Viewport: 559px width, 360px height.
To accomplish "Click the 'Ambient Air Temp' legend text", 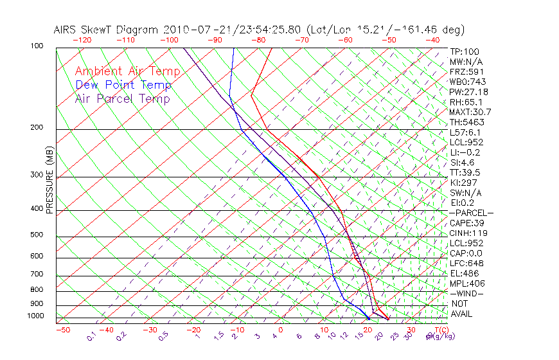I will (127, 71).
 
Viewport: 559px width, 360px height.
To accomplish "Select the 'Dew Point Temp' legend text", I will (123, 85).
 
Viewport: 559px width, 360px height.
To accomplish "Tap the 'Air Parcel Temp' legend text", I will (122, 98).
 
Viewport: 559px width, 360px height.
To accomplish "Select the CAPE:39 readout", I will (467, 222).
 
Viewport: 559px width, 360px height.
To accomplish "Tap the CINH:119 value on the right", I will (468, 233).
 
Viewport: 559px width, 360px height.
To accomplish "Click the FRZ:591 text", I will (466, 71).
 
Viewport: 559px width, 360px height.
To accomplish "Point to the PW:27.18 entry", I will (468, 92).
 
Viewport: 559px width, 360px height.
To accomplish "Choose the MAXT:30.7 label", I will (470, 112).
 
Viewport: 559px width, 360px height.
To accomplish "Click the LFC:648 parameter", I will (466, 263).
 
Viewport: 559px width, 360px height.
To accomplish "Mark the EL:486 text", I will (465, 273).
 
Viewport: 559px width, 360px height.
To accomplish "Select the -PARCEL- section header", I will (471, 213).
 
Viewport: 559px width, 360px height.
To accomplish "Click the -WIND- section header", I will (466, 293).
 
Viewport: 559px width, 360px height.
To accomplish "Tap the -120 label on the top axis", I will (82, 40).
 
